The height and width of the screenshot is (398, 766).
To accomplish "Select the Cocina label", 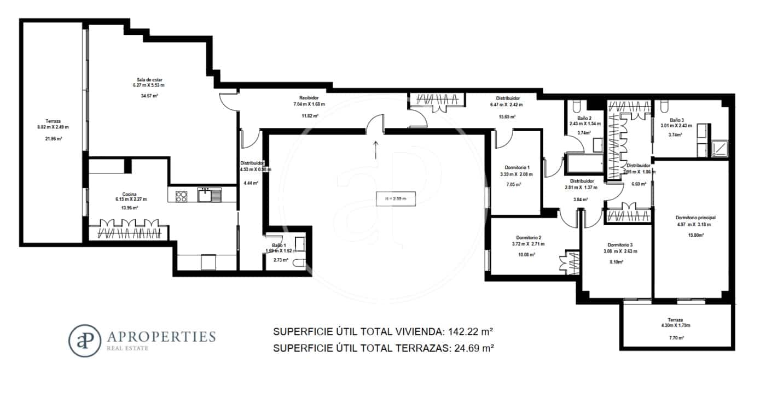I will pos(130,194).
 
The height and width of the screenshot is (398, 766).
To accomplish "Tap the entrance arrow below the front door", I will pos(376,149).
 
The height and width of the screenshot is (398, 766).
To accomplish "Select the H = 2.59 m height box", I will pos(396,198).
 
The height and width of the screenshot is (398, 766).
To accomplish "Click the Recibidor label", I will pos(309,98).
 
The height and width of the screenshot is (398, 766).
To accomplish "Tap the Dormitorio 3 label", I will pos(620,244).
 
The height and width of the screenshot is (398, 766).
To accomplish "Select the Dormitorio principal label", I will pos(695,218).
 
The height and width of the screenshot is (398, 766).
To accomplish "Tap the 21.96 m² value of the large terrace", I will pos(53,139).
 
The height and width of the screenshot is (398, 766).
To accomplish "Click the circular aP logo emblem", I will pos(84,341).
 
